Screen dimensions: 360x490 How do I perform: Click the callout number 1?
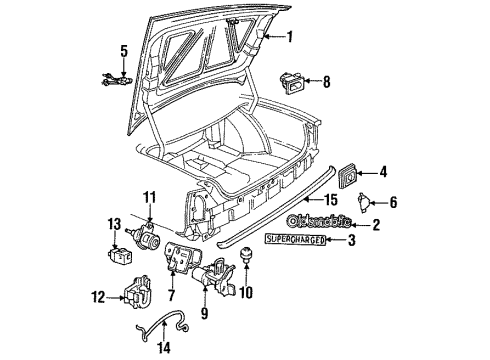[291, 39]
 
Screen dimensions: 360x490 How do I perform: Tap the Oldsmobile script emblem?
[321, 222]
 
